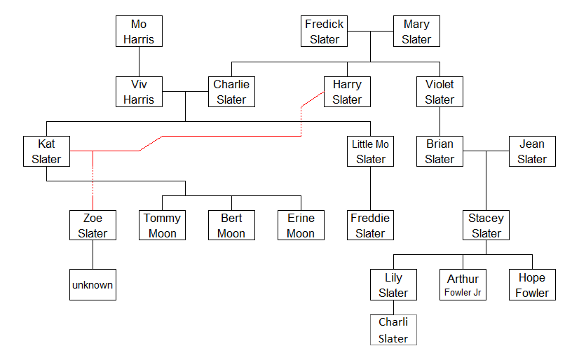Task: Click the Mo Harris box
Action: coord(139,32)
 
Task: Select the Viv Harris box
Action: coord(139,92)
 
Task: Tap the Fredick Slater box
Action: coord(324,32)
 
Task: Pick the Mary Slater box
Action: coord(416,32)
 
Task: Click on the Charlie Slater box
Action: coord(231,92)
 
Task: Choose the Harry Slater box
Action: coord(347,92)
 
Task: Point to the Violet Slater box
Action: coord(440,92)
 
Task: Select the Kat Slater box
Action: coord(46,151)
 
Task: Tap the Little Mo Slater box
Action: coord(370,151)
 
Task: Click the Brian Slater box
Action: coord(440,151)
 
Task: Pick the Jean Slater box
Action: coord(532,151)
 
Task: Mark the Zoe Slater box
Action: coord(93,226)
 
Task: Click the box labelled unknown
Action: coord(93,285)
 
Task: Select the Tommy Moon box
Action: coord(162,226)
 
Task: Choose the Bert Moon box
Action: coord(231,226)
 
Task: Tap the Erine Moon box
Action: coord(301,226)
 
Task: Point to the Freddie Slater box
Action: coord(370,226)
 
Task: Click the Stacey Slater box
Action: coord(486,226)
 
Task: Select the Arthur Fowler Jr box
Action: coord(463,285)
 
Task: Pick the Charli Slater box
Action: coord(393,330)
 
